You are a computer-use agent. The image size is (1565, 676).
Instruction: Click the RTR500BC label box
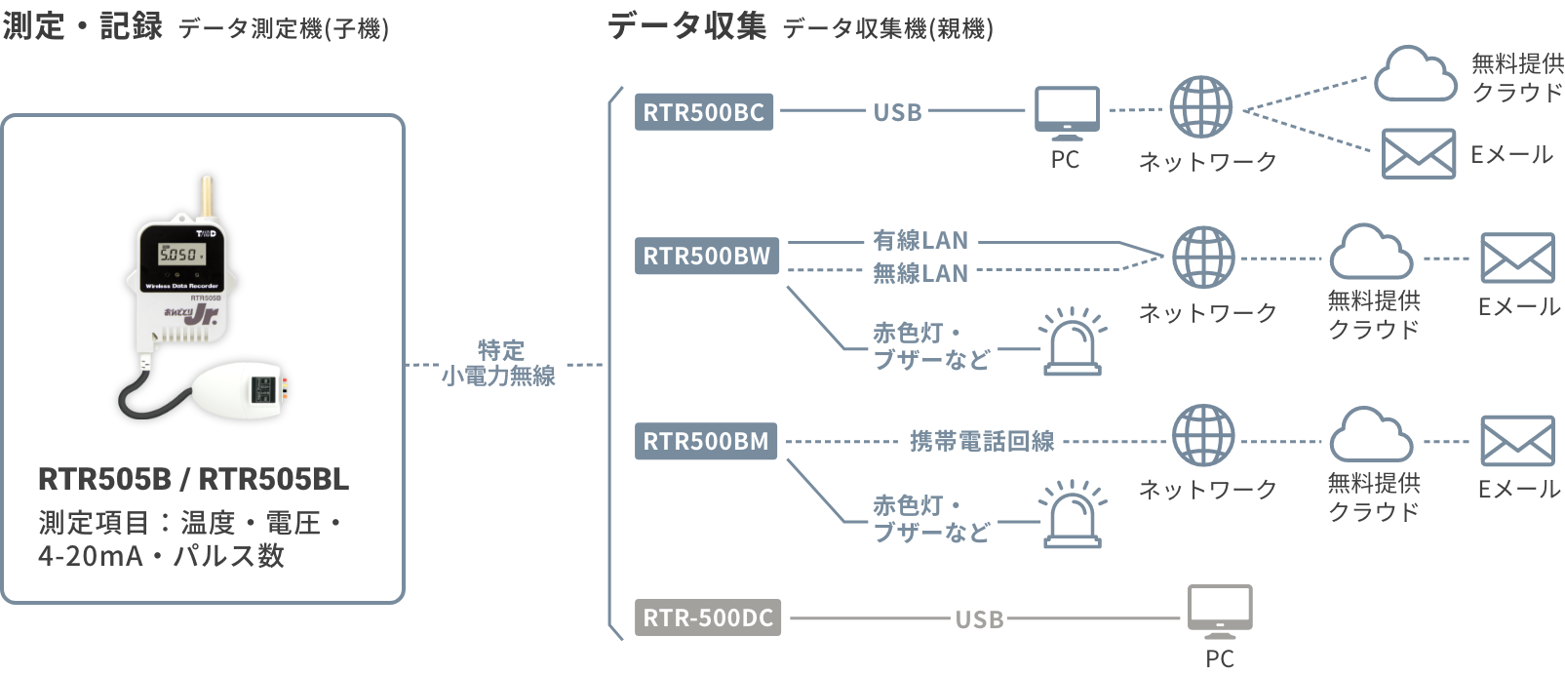tap(703, 112)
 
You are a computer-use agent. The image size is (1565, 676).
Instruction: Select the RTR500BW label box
tap(706, 257)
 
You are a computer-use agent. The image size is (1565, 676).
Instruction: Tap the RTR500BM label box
tap(706, 441)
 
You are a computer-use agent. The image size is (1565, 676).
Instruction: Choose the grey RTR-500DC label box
tap(708, 617)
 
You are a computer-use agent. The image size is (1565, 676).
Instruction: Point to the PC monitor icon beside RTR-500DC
tap(1219, 612)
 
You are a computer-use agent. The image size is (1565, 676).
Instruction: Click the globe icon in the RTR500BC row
tap(1201, 107)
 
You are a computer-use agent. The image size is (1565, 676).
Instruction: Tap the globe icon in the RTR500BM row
tap(1203, 436)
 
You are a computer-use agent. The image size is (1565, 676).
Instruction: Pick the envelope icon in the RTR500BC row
tap(1419, 154)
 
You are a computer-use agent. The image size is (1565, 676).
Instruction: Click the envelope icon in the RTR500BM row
tap(1517, 441)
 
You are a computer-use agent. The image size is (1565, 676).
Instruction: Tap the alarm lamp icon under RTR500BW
tap(1072, 343)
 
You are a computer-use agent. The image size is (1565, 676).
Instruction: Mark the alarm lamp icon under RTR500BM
tap(1072, 515)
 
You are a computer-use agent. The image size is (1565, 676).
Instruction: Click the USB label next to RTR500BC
tap(897, 112)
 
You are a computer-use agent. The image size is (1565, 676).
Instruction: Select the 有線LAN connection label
tap(919, 240)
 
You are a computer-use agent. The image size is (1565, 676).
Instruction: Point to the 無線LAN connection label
tap(919, 273)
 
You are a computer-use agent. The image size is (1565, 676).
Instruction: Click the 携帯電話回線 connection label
tap(981, 441)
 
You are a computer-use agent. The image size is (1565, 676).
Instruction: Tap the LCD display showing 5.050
tap(181, 254)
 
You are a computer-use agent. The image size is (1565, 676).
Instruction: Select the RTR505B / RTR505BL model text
tap(193, 479)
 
